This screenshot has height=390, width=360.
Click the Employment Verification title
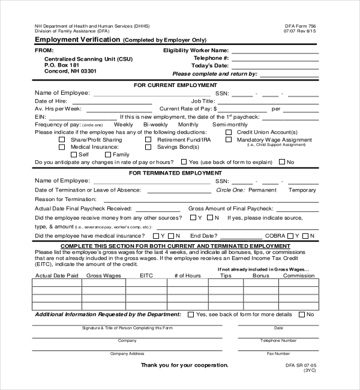[x=77, y=40]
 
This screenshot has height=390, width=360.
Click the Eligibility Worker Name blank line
[x=280, y=51]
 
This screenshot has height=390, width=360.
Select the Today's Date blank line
[x=280, y=66]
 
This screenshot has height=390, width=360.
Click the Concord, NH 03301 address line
[x=70, y=71]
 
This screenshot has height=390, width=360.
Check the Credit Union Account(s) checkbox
[x=229, y=132]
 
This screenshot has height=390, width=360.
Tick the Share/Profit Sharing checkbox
[x=62, y=140]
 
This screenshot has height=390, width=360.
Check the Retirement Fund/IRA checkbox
[x=148, y=140]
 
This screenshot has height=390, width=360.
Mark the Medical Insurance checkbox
[x=62, y=147]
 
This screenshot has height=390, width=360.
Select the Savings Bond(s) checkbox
[x=148, y=147]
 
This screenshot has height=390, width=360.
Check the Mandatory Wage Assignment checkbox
[x=229, y=140]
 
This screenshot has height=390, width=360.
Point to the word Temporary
[x=302, y=190]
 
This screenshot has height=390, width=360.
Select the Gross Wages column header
[x=104, y=276]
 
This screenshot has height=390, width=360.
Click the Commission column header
[x=298, y=276]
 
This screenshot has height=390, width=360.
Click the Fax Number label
[x=278, y=353]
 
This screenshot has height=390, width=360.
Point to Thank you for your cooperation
[x=184, y=365]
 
